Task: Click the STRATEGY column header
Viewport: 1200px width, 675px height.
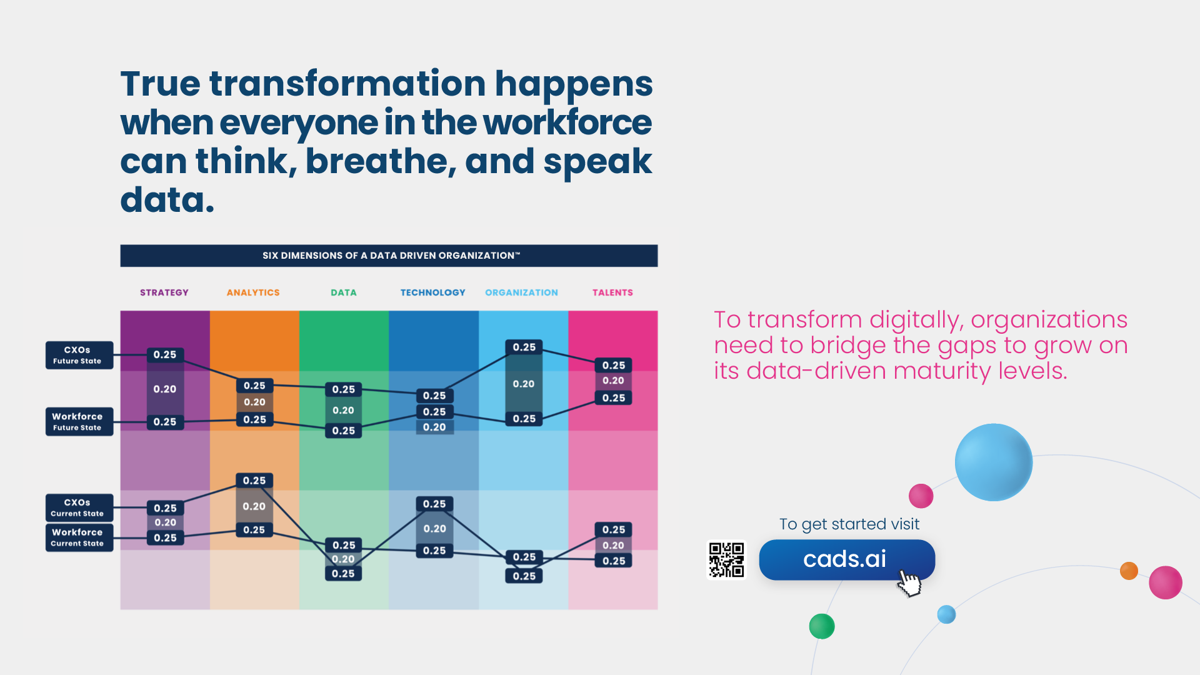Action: point(164,292)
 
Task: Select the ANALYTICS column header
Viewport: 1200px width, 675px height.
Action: point(253,292)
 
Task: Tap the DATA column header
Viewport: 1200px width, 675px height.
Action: point(344,292)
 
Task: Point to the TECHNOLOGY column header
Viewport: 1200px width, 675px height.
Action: point(433,292)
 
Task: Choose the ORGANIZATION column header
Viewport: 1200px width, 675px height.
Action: point(522,292)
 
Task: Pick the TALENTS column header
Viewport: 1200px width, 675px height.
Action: point(612,292)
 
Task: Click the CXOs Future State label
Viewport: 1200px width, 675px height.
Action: point(79,355)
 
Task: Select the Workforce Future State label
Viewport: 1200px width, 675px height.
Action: point(79,421)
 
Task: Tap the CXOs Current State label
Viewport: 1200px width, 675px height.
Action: point(79,507)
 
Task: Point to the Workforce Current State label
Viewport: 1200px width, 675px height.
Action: point(79,537)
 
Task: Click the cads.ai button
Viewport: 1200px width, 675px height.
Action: point(847,559)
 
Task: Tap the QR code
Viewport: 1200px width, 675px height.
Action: point(726,560)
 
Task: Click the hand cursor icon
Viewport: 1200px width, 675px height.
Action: point(909,582)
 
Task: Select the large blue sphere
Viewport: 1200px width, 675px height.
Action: point(994,462)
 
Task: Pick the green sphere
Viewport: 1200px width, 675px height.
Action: point(822,626)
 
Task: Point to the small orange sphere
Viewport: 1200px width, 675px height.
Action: point(1129,571)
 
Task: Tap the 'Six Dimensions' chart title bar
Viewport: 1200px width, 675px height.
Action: point(389,256)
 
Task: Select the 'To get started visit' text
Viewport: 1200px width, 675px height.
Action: point(849,524)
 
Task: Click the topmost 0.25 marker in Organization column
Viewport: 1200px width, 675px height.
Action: point(524,347)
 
